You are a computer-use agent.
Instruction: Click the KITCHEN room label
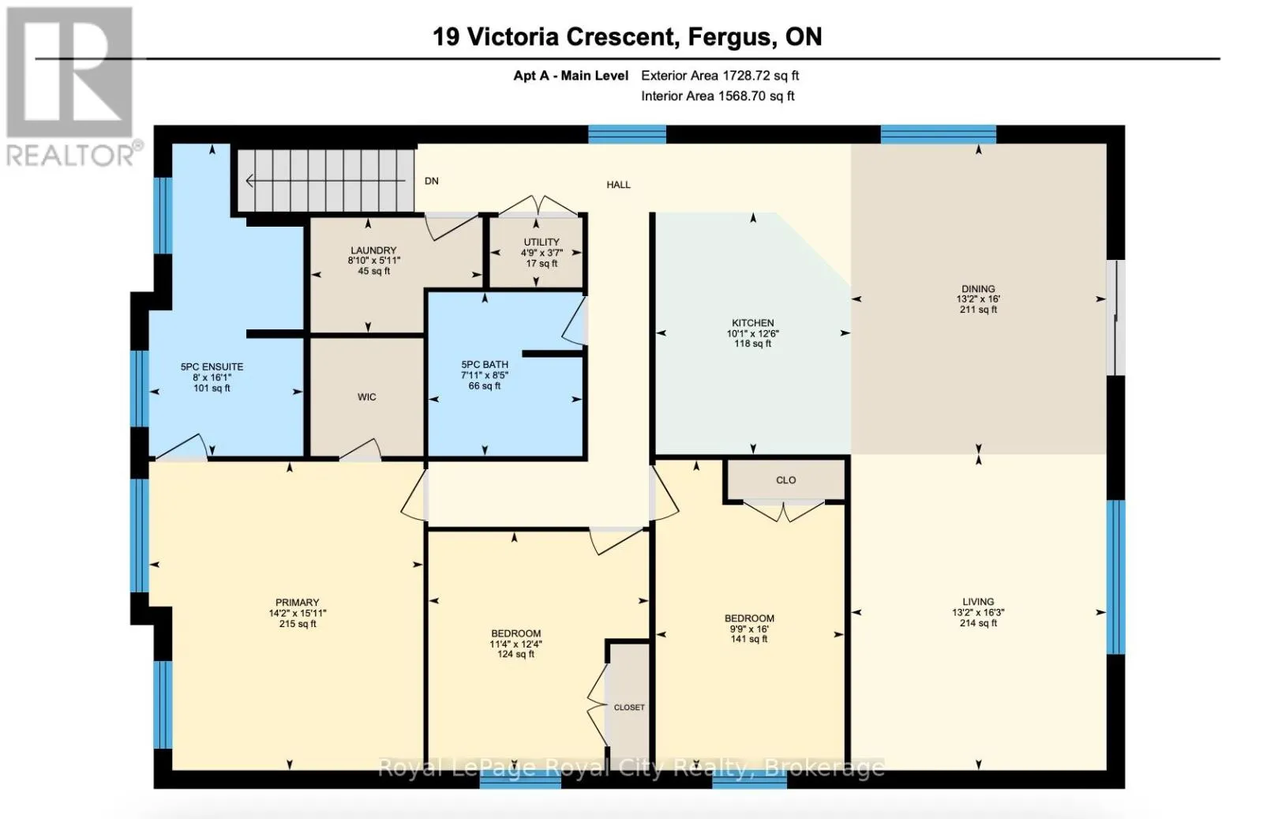[753, 323]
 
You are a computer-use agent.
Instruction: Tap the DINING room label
[978, 289]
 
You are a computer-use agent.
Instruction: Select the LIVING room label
[978, 602]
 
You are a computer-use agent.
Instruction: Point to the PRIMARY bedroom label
[297, 603]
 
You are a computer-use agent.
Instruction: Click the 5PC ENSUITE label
[212, 366]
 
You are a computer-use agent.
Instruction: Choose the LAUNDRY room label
[373, 250]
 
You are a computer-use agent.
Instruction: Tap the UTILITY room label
[542, 242]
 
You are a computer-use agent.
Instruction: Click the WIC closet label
[366, 397]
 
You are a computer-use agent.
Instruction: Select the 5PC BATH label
[485, 365]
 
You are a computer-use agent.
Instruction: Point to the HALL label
[619, 185]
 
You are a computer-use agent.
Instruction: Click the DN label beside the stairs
[431, 181]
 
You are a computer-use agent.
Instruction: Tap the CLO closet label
[785, 480]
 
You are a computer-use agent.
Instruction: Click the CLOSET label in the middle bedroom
[629, 708]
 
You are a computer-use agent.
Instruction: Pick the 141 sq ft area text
[749, 639]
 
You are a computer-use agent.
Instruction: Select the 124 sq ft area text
[515, 654]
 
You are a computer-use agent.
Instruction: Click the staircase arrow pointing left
[325, 181]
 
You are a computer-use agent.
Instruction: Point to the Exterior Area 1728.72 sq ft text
[720, 76]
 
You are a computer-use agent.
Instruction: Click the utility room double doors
[538, 206]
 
